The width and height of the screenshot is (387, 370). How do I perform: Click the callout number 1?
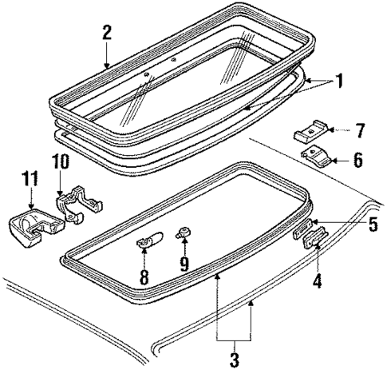coord(340,82)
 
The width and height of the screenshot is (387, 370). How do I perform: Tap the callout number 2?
coord(107,34)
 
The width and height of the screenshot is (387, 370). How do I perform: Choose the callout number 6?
coord(357,160)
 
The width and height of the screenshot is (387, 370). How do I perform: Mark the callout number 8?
coord(144,277)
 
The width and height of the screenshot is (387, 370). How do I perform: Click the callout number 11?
coord(30,177)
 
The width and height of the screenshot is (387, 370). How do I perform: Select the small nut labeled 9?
coord(185,234)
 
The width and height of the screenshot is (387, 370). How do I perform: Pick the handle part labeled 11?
coord(30,223)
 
